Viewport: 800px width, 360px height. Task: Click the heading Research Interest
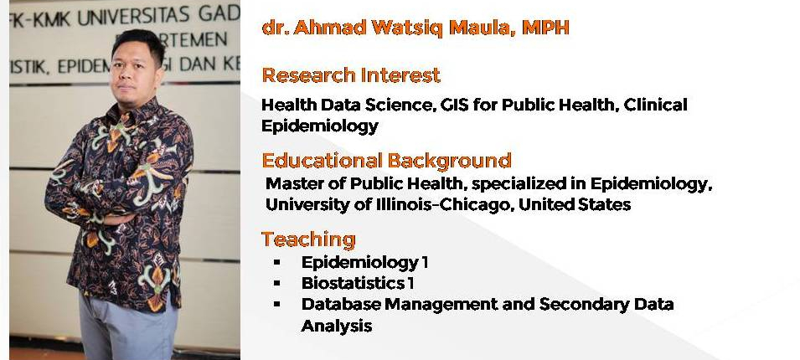351,75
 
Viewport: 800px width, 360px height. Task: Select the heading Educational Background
386,160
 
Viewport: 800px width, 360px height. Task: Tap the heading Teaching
308,239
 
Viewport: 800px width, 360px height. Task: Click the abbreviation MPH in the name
545,27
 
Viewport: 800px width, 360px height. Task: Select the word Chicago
477,204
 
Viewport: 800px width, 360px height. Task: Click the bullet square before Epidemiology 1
277,262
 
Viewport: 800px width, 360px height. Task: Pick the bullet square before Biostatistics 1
277,282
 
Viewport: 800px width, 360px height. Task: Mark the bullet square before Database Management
277,304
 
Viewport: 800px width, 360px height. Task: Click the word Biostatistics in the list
351,282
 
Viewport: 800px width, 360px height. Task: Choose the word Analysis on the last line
337,326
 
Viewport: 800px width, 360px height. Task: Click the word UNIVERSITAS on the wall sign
133,17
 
